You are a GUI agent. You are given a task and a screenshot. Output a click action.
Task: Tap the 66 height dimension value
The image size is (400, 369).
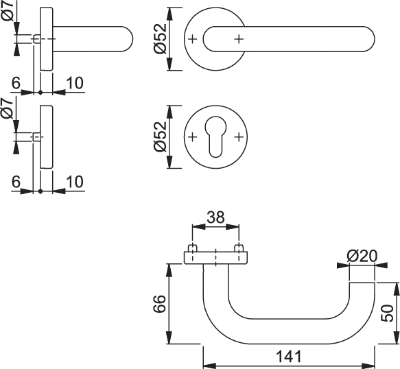[160, 304]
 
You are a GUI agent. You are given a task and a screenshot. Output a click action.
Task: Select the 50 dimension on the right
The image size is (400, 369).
[387, 313]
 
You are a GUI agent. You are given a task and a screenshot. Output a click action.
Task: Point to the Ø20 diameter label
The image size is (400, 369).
[362, 257]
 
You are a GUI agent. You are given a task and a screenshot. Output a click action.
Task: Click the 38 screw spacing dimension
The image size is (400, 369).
[215, 217]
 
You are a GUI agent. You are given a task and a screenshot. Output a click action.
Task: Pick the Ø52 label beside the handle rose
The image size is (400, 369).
[160, 39]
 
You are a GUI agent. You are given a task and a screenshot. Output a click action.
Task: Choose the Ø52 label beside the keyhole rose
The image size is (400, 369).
[160, 136]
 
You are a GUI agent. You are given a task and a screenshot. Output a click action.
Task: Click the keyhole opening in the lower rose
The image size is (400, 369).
[215, 136]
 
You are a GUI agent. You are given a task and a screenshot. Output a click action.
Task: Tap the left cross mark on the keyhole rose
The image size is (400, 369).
[193, 137]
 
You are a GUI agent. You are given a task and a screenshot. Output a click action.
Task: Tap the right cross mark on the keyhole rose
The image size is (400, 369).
[239, 137]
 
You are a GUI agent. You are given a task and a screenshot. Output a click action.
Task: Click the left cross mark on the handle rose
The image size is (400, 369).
[193, 39]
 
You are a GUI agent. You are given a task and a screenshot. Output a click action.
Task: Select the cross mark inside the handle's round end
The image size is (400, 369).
[239, 39]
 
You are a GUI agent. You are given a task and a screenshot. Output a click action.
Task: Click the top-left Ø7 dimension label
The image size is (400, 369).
[8, 11]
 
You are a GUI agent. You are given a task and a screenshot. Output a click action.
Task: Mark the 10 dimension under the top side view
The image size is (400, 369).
[75, 83]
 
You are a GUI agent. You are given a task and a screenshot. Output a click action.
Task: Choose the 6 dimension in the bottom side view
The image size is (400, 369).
[16, 182]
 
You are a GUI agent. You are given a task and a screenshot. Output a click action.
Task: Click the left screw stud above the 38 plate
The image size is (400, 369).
[192, 248]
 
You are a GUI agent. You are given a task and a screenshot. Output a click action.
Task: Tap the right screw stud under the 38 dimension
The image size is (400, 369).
[239, 248]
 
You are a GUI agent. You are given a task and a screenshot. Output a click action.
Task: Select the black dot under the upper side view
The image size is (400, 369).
[40, 93]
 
